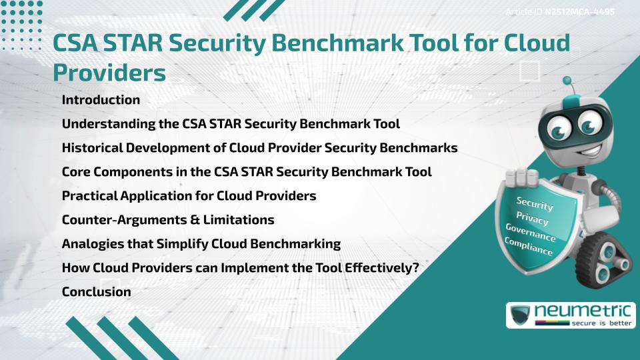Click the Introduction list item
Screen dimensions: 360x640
(x=101, y=100)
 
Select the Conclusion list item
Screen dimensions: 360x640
(x=96, y=291)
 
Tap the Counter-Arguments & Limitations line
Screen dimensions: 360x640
(x=167, y=219)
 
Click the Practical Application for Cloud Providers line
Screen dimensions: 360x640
(x=189, y=195)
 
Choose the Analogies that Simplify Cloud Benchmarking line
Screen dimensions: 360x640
(x=201, y=243)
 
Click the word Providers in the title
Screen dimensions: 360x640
(x=109, y=73)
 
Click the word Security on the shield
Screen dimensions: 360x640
(x=534, y=203)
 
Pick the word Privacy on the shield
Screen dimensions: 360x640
(x=532, y=219)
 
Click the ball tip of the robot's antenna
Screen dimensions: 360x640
(x=567, y=81)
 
